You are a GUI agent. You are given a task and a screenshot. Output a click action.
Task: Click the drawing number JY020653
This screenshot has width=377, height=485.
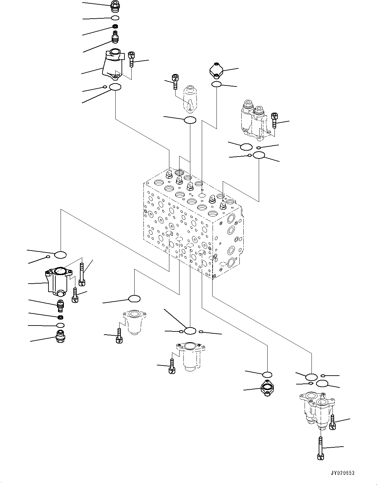[343, 473]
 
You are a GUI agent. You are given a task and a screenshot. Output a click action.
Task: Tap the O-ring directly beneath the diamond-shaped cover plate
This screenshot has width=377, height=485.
[216, 84]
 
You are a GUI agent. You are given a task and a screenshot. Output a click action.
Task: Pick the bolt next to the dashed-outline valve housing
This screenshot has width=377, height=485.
[175, 82]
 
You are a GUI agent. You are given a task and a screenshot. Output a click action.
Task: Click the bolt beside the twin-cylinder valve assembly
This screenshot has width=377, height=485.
[274, 121]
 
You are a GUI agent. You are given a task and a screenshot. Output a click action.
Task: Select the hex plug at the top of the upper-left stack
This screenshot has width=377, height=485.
[115, 6]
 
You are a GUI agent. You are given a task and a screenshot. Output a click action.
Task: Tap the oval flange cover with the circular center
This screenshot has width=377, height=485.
[268, 389]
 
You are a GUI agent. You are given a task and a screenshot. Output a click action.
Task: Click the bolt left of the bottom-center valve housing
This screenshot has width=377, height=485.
[171, 366]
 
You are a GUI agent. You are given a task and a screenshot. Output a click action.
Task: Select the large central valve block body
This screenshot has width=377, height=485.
[193, 223]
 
